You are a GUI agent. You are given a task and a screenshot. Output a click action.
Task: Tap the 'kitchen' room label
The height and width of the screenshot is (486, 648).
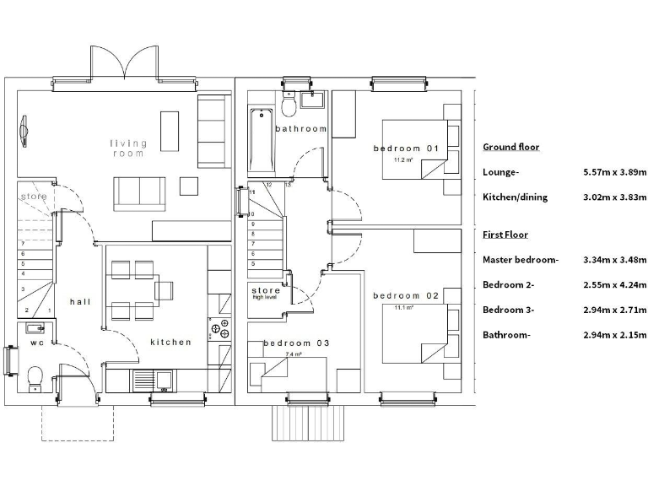coord(170,342)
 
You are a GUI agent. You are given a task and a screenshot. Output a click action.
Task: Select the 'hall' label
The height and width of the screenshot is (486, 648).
coord(80,300)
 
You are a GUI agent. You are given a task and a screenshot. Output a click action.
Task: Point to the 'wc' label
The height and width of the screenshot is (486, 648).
coord(36,343)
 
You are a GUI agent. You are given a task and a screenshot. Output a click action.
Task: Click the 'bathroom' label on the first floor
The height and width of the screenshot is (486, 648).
coord(300,129)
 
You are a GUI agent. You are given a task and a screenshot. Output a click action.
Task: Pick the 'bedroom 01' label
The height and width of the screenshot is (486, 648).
coord(407,148)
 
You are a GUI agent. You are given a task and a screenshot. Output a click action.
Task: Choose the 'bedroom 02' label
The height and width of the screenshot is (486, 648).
coord(407,295)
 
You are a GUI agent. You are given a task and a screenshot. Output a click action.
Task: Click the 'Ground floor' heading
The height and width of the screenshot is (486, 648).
coord(510,147)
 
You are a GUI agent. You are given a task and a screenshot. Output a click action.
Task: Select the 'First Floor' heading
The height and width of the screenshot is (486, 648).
coord(505,235)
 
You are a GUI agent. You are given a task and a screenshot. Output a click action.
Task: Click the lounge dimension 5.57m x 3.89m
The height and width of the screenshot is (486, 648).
coord(614,172)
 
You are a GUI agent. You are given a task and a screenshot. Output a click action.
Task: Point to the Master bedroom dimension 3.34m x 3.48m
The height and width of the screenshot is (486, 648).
coord(614,260)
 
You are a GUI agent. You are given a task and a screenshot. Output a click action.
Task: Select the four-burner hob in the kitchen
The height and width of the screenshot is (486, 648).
coord(220,330)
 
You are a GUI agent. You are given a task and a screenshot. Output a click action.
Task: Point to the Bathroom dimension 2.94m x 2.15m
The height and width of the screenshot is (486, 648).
coord(614,335)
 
